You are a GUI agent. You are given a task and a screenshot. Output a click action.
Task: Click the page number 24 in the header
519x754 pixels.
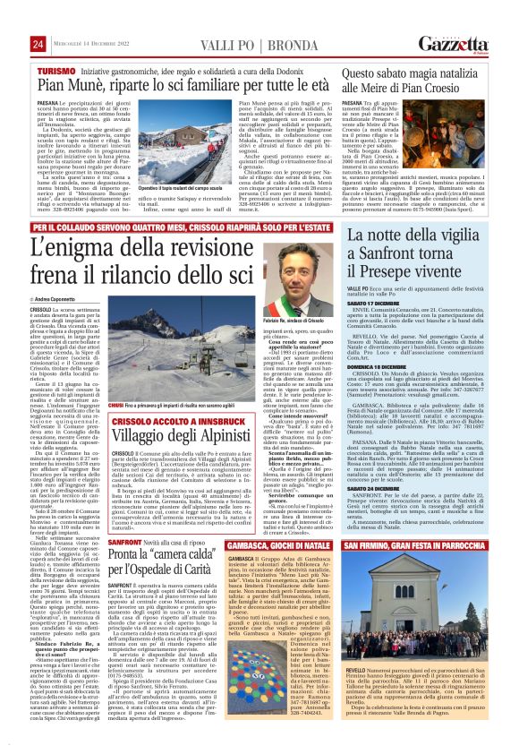pyautogui.click(x=38, y=44)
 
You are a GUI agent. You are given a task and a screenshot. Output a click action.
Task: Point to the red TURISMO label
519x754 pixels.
pyautogui.click(x=56, y=70)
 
